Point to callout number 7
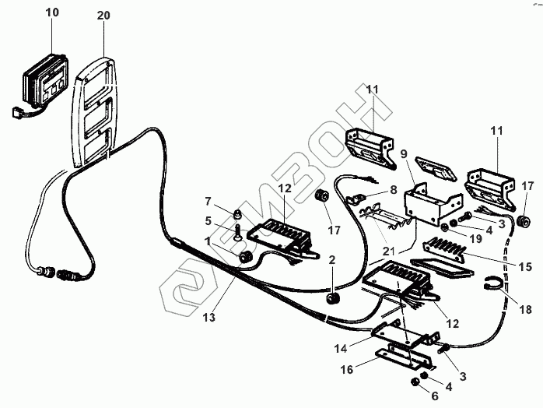pos(208,202)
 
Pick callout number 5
pos(208,220)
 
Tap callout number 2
pos(331,259)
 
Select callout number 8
pos(393,188)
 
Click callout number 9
pos(403,154)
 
